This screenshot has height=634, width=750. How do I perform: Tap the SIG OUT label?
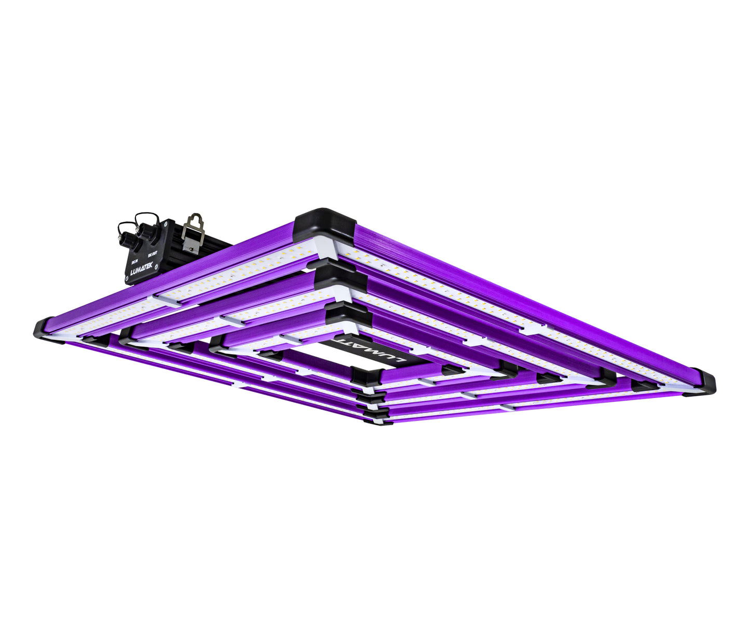(x=152, y=252)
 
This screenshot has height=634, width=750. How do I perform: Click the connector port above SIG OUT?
(x=147, y=233)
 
